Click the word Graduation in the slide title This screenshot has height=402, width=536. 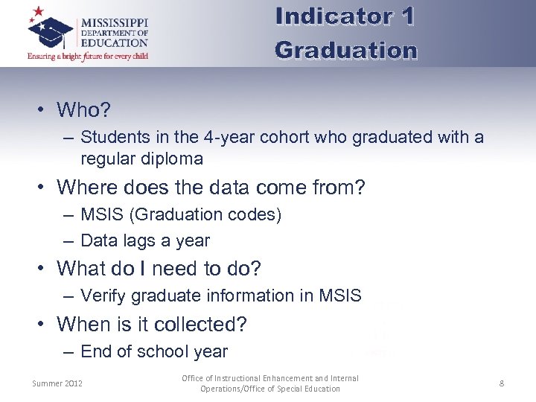(x=345, y=50)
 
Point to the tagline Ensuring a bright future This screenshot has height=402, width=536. (x=88, y=56)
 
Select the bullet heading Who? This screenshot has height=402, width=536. (x=83, y=110)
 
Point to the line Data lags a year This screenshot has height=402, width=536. (x=145, y=240)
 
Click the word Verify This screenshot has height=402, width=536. (x=102, y=296)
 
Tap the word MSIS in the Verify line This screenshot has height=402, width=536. (x=340, y=296)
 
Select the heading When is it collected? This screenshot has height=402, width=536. (x=152, y=325)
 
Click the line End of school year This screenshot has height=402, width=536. (x=153, y=351)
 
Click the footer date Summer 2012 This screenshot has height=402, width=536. (x=57, y=383)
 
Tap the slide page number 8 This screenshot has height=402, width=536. (x=502, y=383)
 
